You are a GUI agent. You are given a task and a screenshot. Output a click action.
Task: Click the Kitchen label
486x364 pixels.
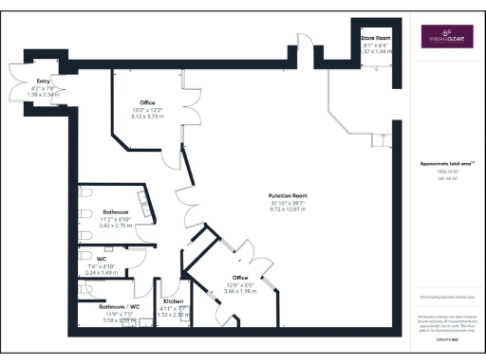click(173, 300)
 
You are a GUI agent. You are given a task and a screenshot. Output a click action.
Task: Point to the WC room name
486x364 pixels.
click(101, 258)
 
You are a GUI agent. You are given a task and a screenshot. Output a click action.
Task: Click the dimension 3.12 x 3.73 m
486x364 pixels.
click(147, 115)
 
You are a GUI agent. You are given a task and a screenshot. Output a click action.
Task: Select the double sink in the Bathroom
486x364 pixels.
click(145, 202)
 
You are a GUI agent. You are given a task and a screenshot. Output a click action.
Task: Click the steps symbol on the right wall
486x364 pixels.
click(383, 141)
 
